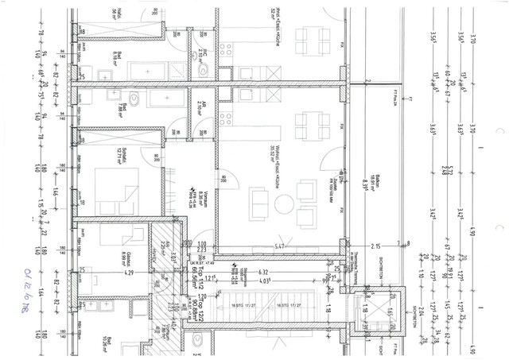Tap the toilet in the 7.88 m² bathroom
coord(135,101)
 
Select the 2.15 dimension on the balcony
coord(376,246)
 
